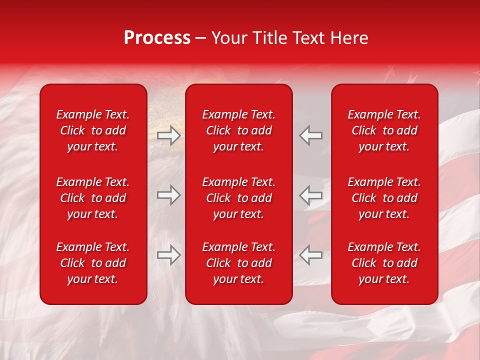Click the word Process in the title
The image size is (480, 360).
[x=157, y=38]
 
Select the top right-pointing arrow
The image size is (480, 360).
[x=169, y=135]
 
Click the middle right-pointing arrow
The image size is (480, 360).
[x=169, y=195]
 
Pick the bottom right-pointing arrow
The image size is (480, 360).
[x=169, y=255]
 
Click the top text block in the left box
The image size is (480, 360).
[x=93, y=130]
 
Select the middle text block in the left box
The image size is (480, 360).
[x=93, y=198]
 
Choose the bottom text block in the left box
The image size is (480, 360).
[x=93, y=263]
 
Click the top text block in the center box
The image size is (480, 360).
[x=238, y=130]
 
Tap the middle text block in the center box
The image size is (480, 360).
[x=238, y=198]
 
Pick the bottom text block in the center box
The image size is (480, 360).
[x=238, y=263]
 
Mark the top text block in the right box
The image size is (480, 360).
[x=384, y=130]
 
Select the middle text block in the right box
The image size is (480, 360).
[x=384, y=198]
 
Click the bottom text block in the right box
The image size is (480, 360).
[x=384, y=263]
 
